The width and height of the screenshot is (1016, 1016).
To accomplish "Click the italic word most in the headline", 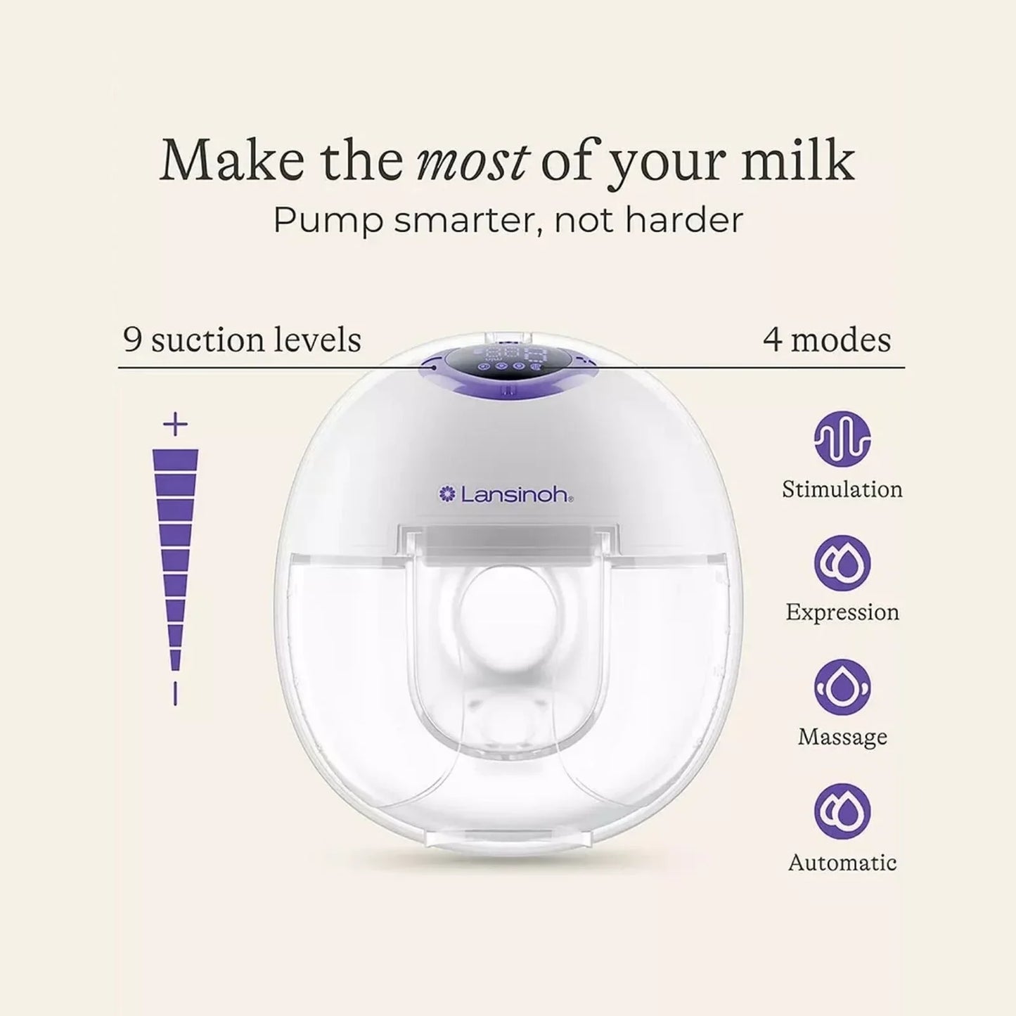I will click(471, 161).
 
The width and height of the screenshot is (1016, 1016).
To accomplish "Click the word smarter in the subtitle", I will click(466, 221).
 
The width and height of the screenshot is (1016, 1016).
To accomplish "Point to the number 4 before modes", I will click(772, 340).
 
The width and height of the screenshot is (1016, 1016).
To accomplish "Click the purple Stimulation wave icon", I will click(842, 439).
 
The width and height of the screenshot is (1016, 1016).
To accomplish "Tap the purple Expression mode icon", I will click(842, 563).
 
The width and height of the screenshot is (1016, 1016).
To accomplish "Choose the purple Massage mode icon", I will click(842, 687).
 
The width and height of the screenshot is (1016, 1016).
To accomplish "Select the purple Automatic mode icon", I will click(842, 811).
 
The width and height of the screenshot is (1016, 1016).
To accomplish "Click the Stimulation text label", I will click(842, 489).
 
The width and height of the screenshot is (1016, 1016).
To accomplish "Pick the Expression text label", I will click(842, 612).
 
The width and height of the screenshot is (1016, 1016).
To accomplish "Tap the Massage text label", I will click(842, 737).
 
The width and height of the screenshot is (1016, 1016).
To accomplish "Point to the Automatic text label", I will click(842, 863).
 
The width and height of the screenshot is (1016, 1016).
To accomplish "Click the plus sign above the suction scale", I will click(175, 424).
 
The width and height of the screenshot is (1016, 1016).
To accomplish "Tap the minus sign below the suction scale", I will click(175, 693).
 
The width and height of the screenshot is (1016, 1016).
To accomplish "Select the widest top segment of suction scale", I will click(175, 460).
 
